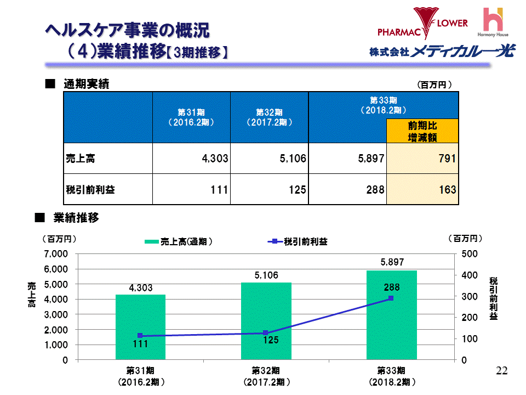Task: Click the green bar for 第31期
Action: coord(140,327)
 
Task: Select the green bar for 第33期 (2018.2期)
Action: coord(391,315)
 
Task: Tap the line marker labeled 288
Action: coord(391,298)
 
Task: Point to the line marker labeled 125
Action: coord(265,333)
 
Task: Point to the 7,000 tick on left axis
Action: coord(56,254)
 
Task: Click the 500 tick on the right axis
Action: coord(469,254)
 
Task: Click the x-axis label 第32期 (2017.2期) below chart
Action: coord(266,375)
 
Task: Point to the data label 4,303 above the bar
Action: coord(141,287)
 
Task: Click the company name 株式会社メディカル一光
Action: coord(442,52)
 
